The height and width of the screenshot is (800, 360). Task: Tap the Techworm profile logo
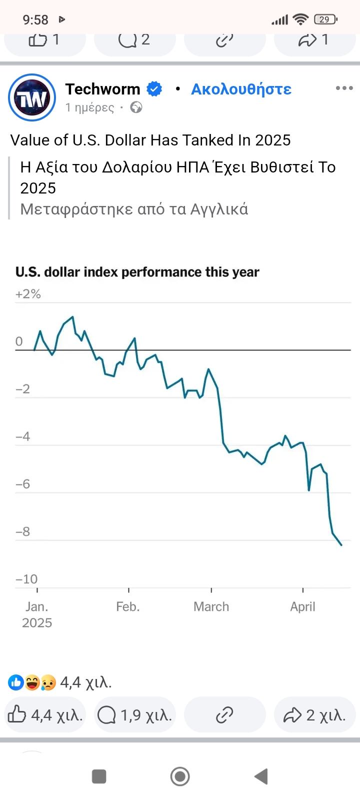(32, 97)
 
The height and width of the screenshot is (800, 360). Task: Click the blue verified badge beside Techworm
(154, 89)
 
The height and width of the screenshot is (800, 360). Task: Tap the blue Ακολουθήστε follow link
(241, 89)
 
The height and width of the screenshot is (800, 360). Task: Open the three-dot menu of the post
(344, 88)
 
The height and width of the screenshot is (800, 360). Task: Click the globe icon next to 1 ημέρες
(136, 107)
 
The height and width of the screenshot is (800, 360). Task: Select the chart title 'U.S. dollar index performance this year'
(137, 272)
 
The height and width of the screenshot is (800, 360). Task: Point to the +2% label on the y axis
(28, 294)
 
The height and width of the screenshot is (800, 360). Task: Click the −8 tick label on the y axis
(23, 531)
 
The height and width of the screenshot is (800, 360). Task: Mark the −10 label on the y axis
(26, 579)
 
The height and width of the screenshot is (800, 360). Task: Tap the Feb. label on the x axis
(128, 606)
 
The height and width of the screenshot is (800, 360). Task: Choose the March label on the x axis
(211, 606)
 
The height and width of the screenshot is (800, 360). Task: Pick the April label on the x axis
(302, 606)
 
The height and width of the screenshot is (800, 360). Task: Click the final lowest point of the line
(341, 545)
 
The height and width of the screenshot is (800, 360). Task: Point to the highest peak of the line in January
(73, 317)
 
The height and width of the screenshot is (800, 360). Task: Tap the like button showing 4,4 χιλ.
(45, 715)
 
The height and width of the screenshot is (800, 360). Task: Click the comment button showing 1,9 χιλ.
(134, 715)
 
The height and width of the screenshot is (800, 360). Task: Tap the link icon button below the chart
(224, 715)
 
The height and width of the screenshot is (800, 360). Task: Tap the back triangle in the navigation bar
(261, 776)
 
